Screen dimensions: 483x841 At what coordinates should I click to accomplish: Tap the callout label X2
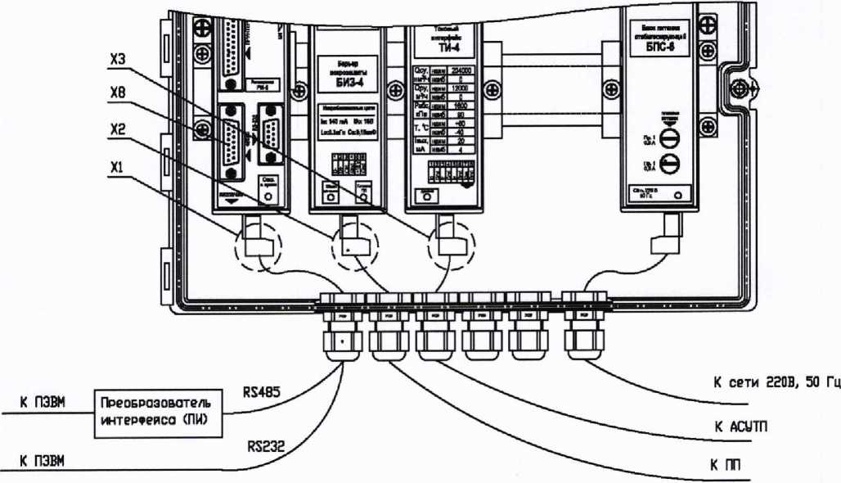click(119, 129)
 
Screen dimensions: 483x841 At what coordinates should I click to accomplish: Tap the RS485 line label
click(263, 392)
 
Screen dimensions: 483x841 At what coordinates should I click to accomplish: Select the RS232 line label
click(264, 447)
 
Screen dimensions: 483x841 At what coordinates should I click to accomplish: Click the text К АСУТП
click(740, 427)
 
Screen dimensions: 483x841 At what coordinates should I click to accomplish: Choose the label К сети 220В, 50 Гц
click(773, 383)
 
